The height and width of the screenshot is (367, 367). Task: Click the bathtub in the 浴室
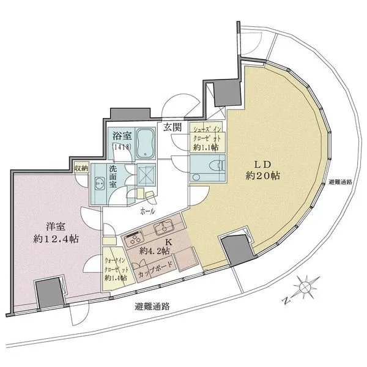coord(145,143)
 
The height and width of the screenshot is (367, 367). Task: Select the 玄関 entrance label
coord(172,127)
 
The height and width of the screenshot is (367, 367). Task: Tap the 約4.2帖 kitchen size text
coord(151,250)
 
